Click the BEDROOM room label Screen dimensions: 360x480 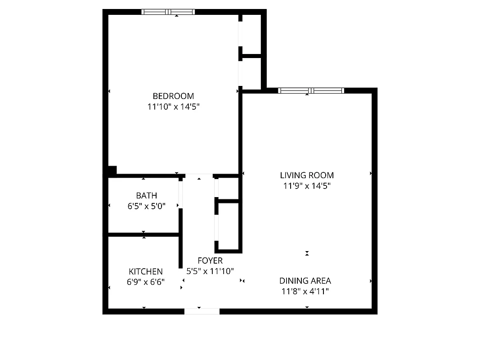pyautogui.click(x=173, y=96)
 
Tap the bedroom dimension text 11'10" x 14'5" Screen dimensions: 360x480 pyautogui.click(x=173, y=107)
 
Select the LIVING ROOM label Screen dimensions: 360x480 pyautogui.click(x=307, y=175)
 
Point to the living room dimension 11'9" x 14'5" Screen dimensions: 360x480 pyautogui.click(x=307, y=185)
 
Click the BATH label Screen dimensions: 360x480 pyautogui.click(x=147, y=195)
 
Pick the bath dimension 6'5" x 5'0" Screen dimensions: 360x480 pyautogui.click(x=147, y=206)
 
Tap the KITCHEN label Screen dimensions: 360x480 pyautogui.click(x=146, y=271)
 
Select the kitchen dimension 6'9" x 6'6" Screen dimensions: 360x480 pyautogui.click(x=146, y=282)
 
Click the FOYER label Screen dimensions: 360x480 pyautogui.click(x=210, y=261)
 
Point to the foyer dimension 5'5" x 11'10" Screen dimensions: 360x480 pyautogui.click(x=210, y=271)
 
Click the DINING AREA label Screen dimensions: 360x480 pyautogui.click(x=305, y=280)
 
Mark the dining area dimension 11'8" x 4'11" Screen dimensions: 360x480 pyautogui.click(x=305, y=291)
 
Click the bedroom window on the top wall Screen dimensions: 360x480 pyautogui.click(x=168, y=12)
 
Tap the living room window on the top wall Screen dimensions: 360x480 pyautogui.click(x=311, y=90)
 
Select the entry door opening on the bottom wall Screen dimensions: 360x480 pyautogui.click(x=202, y=311)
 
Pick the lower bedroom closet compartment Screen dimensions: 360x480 pyautogui.click(x=251, y=73)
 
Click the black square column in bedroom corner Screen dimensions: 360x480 pyautogui.click(x=112, y=170)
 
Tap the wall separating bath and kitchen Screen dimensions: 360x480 pyautogui.click(x=144, y=234)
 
